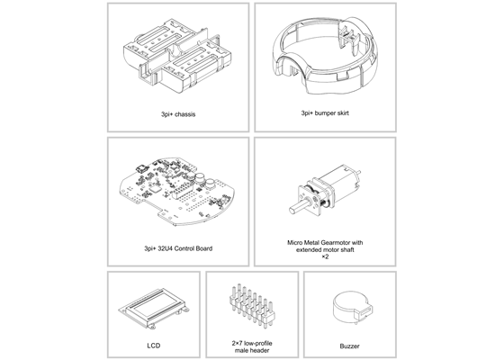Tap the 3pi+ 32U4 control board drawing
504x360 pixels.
(177, 191)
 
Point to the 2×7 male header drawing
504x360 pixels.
(251, 307)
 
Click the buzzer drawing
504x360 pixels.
(349, 308)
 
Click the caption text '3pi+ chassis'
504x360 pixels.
(177, 114)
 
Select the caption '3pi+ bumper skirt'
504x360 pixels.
(326, 114)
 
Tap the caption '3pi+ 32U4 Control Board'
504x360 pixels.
(177, 247)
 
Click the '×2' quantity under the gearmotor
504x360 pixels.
(326, 257)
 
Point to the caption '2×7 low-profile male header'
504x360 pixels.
(251, 347)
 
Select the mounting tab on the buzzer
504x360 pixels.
(364, 312)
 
